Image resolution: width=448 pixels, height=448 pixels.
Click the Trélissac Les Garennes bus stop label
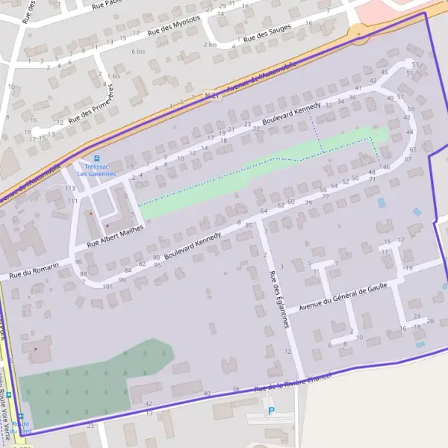point(97,170)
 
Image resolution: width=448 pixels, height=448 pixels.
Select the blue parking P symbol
point(271,411)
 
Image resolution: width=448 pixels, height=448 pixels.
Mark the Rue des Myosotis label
point(175,26)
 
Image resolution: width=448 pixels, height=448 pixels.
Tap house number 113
point(72,190)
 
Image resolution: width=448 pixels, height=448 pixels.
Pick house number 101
point(108,286)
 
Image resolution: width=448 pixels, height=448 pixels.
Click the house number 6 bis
point(138,52)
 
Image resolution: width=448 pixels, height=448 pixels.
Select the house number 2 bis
point(210,45)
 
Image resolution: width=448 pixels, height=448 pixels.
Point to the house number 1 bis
point(114,76)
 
